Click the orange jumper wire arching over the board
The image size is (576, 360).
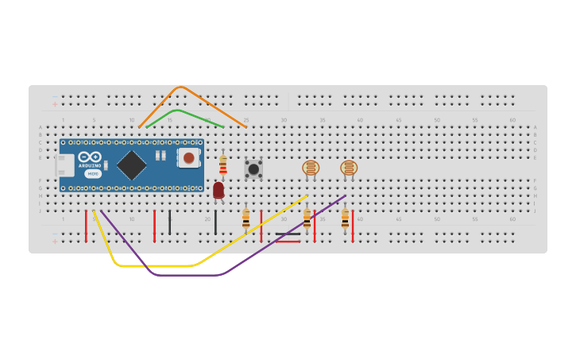tap(181, 87)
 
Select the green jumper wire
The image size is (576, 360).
tap(180, 110)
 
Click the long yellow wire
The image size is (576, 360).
tap(159, 266)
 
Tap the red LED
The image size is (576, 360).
tap(218, 189)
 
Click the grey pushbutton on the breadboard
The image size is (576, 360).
tap(253, 168)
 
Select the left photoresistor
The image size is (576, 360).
tap(311, 168)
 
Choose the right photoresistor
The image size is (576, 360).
tap(349, 168)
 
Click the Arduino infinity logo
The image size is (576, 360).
tap(90, 157)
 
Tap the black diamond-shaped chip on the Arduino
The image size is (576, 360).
tap(132, 165)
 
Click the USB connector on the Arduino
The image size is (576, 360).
tap(64, 165)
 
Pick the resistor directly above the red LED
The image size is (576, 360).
tap(222, 165)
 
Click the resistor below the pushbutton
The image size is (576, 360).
tap(245, 218)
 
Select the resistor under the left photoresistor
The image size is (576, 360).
tap(307, 219)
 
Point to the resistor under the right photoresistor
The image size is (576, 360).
tap(345, 218)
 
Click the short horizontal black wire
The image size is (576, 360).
tap(288, 234)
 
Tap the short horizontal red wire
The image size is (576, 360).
tap(288, 241)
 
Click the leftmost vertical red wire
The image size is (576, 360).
tap(86, 226)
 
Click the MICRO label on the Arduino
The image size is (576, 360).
tap(93, 173)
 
